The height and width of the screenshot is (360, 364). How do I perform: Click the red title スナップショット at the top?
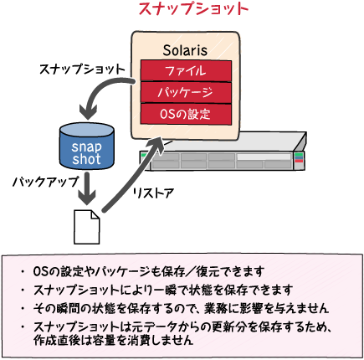(x=193, y=9)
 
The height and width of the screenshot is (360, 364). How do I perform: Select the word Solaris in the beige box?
(x=185, y=50)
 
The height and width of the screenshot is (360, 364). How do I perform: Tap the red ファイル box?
(x=186, y=70)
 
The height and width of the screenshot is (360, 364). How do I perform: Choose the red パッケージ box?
(x=186, y=92)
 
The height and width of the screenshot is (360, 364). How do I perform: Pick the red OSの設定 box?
(x=186, y=114)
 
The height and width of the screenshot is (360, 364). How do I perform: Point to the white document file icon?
(x=86, y=227)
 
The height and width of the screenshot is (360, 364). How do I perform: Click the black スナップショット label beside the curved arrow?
(x=82, y=69)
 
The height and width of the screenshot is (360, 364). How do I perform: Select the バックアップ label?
(x=45, y=182)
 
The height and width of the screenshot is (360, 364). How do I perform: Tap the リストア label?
(x=153, y=193)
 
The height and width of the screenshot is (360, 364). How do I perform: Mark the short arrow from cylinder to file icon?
(x=87, y=189)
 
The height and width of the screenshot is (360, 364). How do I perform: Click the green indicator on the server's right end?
(x=299, y=155)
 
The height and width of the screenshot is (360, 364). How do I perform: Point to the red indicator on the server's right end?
(x=299, y=161)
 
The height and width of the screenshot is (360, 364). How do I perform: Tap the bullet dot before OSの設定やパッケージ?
(x=23, y=271)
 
